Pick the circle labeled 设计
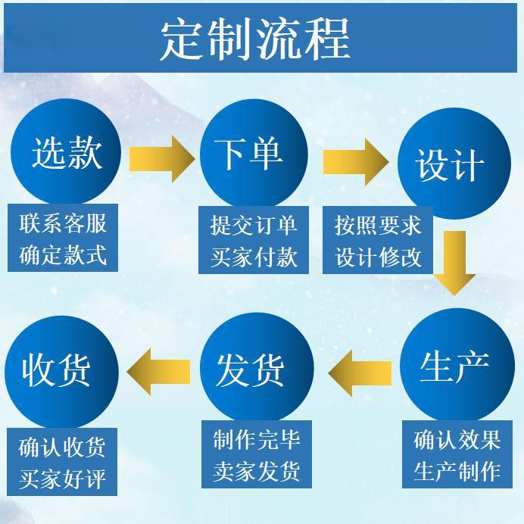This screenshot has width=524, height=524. [x=451, y=163]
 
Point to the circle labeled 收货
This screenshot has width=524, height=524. [x=61, y=369]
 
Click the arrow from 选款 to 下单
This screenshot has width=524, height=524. [x=161, y=158]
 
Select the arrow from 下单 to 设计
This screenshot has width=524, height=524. [x=355, y=161]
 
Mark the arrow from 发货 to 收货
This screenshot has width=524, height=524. [x=160, y=371]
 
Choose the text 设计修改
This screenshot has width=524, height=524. [x=378, y=257]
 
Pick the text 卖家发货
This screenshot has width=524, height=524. [x=257, y=471]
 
